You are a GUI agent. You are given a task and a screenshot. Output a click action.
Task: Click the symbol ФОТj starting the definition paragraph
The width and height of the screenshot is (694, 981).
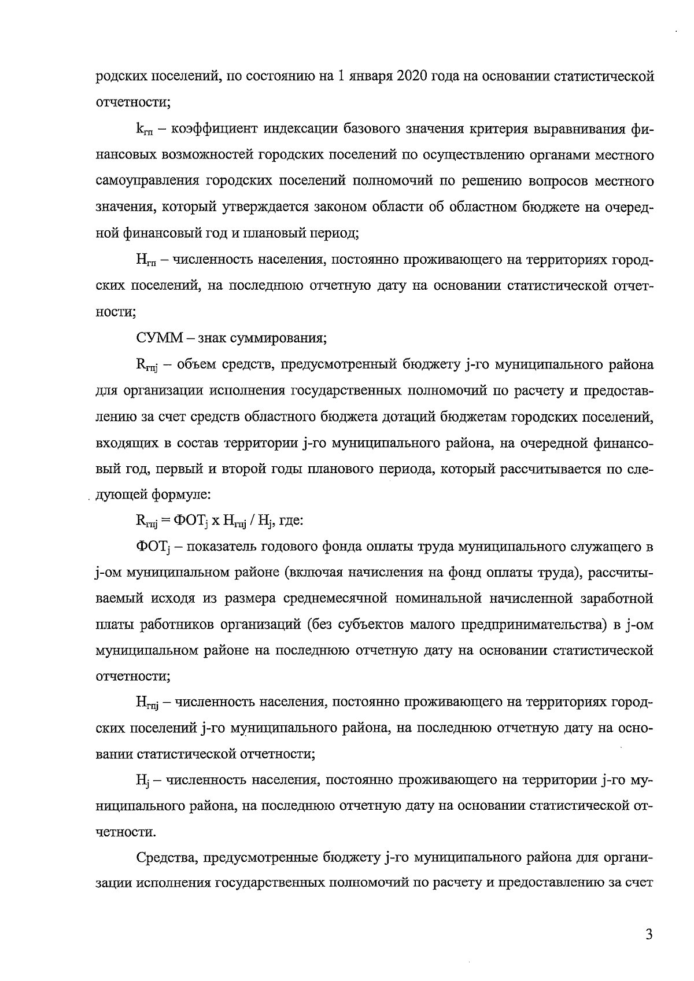tap(150, 547)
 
